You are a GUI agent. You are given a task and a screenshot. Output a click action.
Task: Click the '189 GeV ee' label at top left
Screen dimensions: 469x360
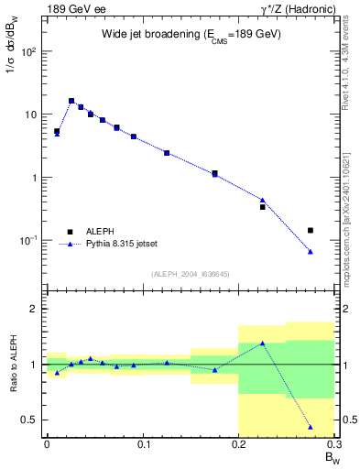(x=74, y=8)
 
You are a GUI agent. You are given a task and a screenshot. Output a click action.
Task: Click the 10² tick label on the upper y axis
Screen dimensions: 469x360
(x=30, y=51)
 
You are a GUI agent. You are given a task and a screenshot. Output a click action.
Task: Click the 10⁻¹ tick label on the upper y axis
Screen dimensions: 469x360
(x=30, y=240)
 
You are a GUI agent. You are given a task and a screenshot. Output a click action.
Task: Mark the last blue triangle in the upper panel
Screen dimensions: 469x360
(x=311, y=252)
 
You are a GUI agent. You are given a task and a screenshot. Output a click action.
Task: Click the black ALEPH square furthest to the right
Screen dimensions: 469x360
(x=311, y=230)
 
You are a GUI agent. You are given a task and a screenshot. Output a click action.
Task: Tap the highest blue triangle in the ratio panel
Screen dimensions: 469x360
(x=262, y=344)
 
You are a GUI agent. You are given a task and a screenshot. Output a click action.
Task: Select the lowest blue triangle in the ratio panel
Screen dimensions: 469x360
(x=311, y=428)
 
